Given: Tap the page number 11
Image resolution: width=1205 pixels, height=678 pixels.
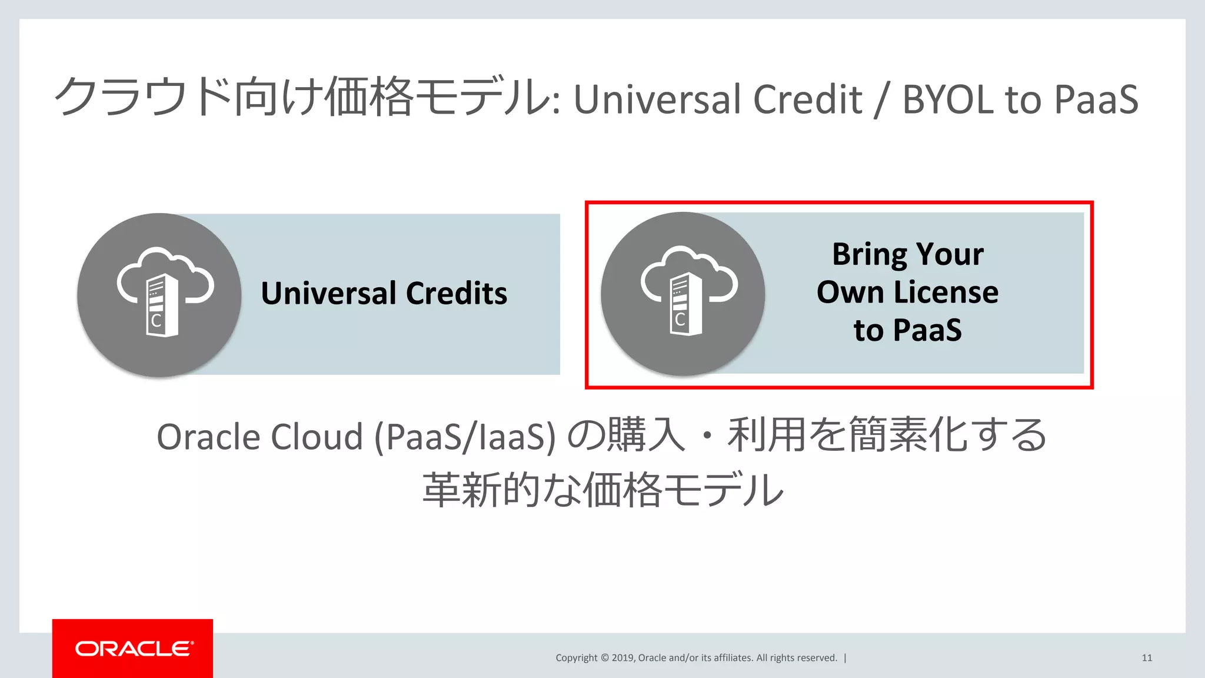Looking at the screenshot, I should pos(1147,658).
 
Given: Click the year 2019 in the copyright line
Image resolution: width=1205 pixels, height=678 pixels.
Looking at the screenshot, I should pos(623,658).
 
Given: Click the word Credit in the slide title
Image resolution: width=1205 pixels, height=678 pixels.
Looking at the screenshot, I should pos(807,99).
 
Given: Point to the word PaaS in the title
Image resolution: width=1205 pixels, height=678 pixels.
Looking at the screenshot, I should pos(1096,99).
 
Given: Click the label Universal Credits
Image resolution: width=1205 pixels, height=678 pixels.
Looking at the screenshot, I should pos(384,293).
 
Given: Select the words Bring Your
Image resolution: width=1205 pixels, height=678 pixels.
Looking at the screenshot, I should pos(907,254).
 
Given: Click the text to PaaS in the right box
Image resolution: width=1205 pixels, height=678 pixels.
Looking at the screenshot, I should pos(907,330).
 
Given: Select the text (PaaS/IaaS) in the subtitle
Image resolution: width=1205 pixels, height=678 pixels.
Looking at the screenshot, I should pos(465,437).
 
